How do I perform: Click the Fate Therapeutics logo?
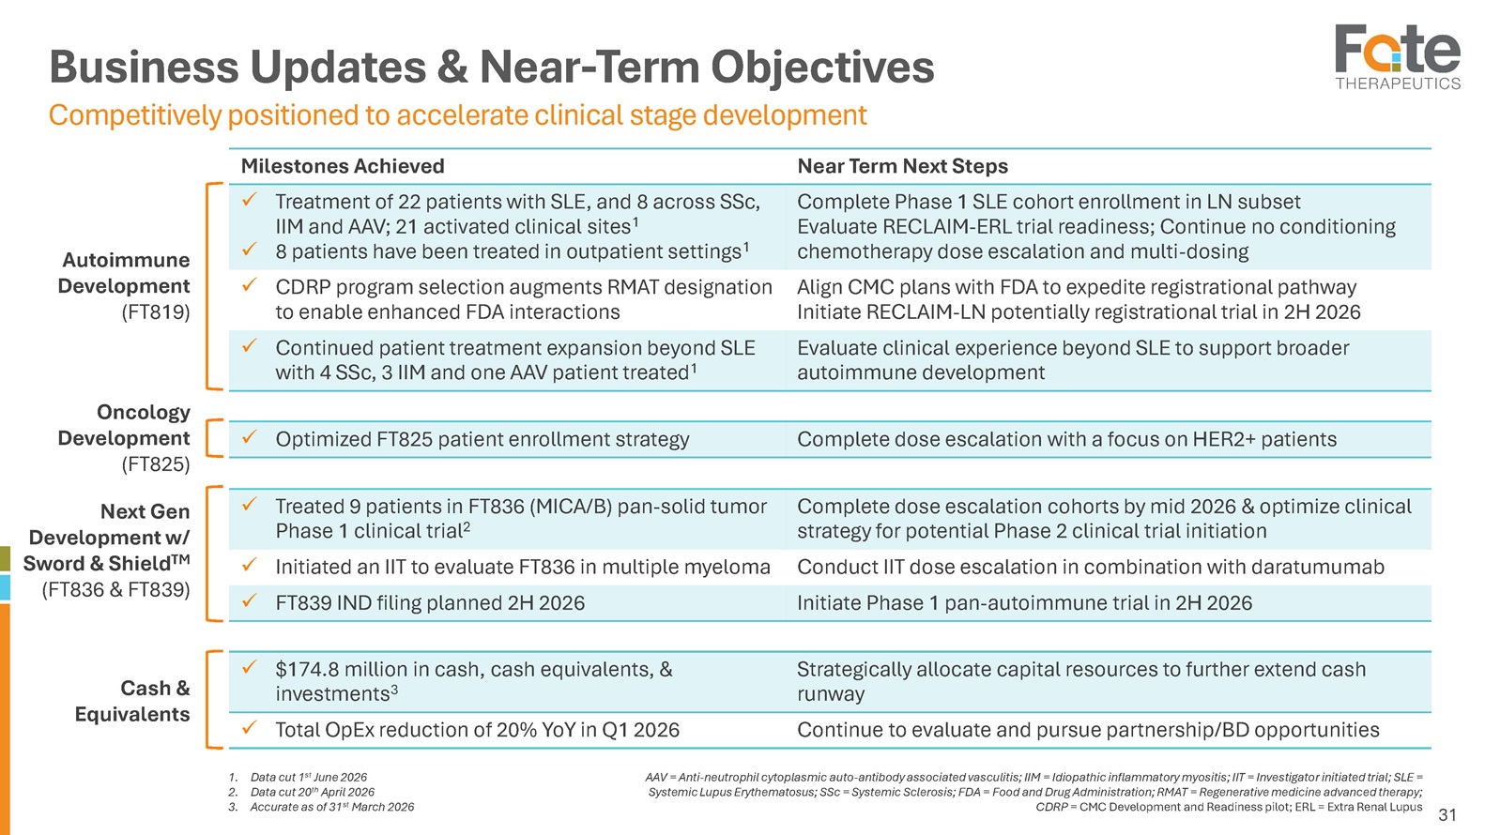click(1398, 57)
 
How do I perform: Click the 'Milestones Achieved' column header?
click(342, 166)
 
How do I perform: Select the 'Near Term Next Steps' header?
click(902, 166)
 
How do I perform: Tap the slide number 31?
click(1447, 814)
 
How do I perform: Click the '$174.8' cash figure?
click(308, 669)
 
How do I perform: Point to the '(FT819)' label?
click(156, 312)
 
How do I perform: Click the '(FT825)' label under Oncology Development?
click(156, 464)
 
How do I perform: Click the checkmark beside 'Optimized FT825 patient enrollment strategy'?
click(250, 436)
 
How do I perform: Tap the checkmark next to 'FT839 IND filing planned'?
click(250, 600)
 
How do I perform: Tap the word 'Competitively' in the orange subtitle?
click(135, 116)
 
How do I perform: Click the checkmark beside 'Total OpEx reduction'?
click(250, 728)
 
